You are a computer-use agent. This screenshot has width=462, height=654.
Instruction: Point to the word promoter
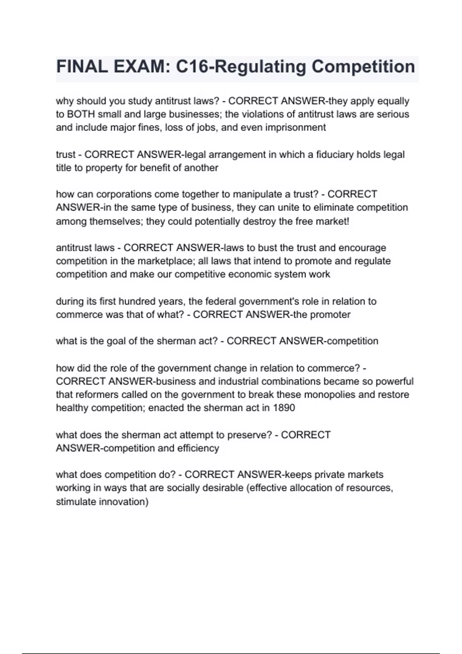click(330, 315)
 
